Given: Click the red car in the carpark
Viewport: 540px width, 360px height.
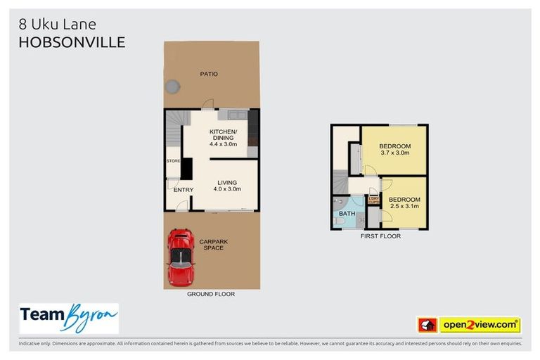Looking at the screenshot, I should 181,256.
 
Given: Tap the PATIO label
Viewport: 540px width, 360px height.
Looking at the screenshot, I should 208,73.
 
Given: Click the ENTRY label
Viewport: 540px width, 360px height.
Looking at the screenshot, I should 183,189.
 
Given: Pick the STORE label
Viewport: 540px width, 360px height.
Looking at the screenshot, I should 173,161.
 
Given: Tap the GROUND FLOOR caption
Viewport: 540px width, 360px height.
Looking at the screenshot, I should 211,294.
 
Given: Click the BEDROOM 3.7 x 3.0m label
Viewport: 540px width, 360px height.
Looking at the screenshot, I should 395,149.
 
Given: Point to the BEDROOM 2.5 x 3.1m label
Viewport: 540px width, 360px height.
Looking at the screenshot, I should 404,202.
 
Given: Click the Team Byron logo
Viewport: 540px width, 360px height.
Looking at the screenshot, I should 68,319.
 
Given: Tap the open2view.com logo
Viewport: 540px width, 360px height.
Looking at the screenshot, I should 479,325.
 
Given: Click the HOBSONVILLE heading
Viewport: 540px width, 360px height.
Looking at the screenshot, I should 72,42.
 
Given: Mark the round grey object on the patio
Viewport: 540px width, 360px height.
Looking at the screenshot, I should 172,86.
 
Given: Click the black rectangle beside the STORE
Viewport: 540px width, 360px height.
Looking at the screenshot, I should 186,168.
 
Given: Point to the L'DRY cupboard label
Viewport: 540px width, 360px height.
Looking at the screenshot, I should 373,200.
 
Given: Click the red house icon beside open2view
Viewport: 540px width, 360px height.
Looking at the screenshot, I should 427,325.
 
